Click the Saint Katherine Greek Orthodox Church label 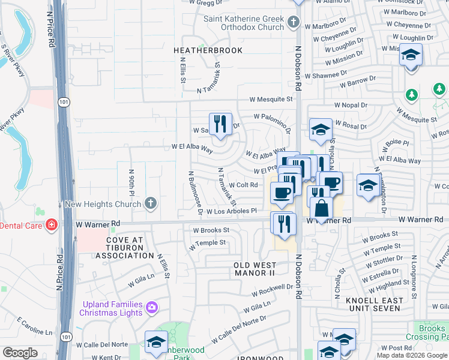pyautogui.click(x=243, y=23)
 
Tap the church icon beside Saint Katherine pyautogui.click(x=294, y=23)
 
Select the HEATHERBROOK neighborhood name pyautogui.click(x=208, y=50)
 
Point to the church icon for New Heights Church pyautogui.click(x=151, y=204)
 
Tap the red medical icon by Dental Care pyautogui.click(x=52, y=224)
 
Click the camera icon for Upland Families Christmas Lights pyautogui.click(x=152, y=307)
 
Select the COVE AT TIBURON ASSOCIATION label pyautogui.click(x=125, y=247)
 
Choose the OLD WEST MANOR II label pyautogui.click(x=255, y=269)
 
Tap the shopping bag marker pyautogui.click(x=322, y=209)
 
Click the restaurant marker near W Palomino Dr pyautogui.click(x=220, y=124)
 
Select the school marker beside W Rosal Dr pyautogui.click(x=321, y=130)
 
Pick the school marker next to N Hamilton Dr pyautogui.click(x=367, y=185)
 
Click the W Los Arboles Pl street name pyautogui.click(x=231, y=211)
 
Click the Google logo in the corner pyautogui.click(x=20, y=352)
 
